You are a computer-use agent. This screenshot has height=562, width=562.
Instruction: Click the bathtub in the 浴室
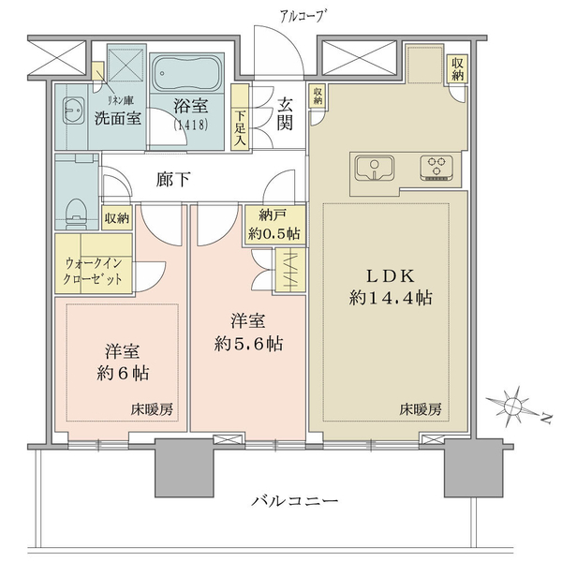186,73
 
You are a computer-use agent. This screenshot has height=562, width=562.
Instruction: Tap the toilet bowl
77,214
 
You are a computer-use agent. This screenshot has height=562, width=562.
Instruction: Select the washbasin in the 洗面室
73,111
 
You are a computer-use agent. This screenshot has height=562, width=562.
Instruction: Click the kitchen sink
374,168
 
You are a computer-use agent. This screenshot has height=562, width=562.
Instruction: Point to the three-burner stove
436,168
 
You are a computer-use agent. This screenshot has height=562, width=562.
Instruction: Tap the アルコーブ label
302,16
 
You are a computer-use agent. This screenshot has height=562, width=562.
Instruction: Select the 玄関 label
285,113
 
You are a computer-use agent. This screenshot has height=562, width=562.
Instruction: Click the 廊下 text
173,180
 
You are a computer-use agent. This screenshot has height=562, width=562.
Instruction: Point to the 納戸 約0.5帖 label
274,225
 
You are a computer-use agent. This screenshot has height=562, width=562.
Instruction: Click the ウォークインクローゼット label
93,271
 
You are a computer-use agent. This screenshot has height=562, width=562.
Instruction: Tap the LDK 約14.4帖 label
391,288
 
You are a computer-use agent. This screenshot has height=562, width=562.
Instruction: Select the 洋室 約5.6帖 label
248,333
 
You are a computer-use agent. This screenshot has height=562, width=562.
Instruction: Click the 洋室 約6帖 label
123,362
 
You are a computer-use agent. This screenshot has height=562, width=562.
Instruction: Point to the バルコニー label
294,501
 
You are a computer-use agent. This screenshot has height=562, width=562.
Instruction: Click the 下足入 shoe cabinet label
240,128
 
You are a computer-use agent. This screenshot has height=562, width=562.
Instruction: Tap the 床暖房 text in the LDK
421,409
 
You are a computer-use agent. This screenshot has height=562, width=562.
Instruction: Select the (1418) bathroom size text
190,125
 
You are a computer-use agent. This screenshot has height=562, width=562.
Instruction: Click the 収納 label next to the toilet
117,218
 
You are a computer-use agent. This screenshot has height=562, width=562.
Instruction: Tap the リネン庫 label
121,101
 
